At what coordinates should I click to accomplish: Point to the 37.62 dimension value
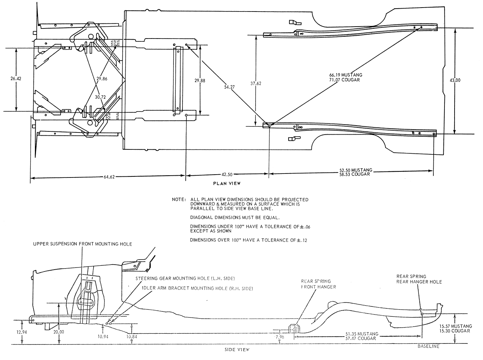click(256, 83)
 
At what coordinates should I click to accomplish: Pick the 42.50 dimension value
click(227, 175)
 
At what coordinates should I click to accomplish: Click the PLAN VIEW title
click(227, 183)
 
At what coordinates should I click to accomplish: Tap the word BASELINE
click(428, 346)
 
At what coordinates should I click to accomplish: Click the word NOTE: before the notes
click(179, 199)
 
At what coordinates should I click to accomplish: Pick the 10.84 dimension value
click(132, 337)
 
